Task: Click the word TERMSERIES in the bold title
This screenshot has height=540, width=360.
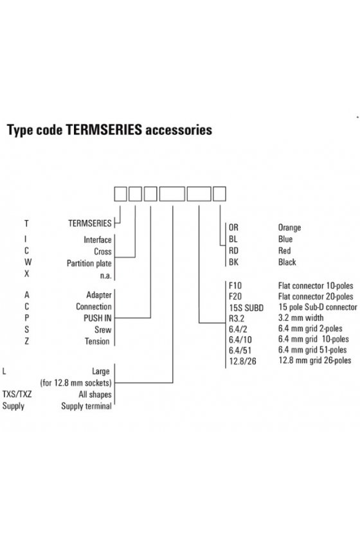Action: click(x=104, y=130)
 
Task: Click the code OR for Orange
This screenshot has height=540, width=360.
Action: click(x=233, y=228)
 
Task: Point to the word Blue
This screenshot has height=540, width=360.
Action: click(x=285, y=239)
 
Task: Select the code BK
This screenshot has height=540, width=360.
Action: click(x=233, y=262)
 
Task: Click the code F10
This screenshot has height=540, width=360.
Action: click(x=235, y=285)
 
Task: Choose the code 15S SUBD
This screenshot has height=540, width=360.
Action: click(x=246, y=307)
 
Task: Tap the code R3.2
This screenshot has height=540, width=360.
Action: click(x=237, y=318)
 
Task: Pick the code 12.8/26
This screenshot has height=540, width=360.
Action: click(x=242, y=361)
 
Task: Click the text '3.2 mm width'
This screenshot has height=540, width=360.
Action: click(x=301, y=318)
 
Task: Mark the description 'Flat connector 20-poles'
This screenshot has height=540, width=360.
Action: click(x=316, y=296)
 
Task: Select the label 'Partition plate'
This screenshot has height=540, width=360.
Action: click(x=89, y=264)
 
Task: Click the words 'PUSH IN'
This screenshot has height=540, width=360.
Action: click(x=98, y=318)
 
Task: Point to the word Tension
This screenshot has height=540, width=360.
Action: click(x=97, y=341)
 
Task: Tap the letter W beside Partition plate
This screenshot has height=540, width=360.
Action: click(x=28, y=262)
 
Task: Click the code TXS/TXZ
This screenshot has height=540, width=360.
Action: click(x=17, y=394)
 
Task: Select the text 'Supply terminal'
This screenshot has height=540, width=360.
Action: click(x=87, y=406)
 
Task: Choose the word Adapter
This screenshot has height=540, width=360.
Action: click(x=99, y=295)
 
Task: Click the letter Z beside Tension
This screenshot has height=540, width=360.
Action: click(x=26, y=341)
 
